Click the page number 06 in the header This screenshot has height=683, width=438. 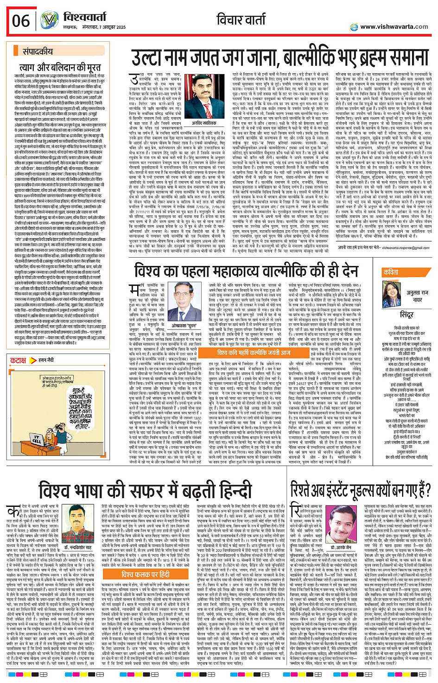click(x=21, y=21)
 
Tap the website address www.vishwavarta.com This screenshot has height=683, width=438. click(x=394, y=27)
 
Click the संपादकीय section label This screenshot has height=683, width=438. click(x=38, y=52)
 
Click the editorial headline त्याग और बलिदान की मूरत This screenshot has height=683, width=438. click(x=59, y=68)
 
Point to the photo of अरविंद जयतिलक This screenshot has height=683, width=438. click(x=203, y=93)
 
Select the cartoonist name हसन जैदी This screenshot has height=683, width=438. click(x=45, y=360)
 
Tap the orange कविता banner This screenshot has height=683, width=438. click(x=392, y=273)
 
